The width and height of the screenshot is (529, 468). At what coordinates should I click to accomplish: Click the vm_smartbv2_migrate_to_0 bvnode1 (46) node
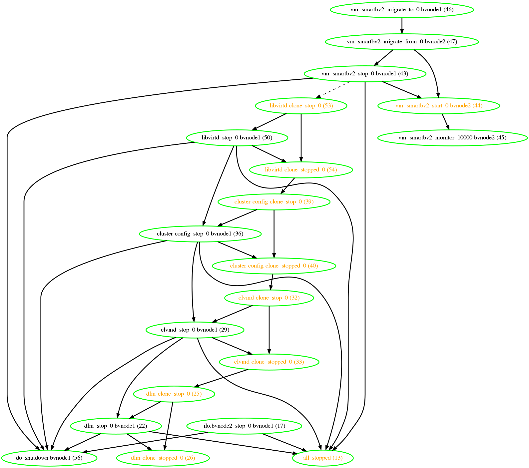pyautogui.click(x=402, y=10)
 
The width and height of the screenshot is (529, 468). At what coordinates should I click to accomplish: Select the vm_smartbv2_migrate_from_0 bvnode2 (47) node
pyautogui.click(x=402, y=42)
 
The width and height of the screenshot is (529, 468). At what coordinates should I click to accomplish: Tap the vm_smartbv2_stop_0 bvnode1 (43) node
pyautogui.click(x=365, y=74)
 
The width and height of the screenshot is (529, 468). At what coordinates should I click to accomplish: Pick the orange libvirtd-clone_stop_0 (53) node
pyautogui.click(x=301, y=106)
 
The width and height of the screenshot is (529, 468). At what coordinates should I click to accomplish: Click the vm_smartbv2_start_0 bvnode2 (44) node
pyautogui.click(x=439, y=106)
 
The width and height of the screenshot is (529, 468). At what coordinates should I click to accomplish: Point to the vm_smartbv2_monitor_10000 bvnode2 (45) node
pyautogui.click(x=452, y=138)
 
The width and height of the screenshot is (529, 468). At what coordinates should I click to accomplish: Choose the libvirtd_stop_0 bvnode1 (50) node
pyautogui.click(x=237, y=138)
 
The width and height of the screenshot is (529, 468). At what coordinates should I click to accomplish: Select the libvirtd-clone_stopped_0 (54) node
pyautogui.click(x=301, y=170)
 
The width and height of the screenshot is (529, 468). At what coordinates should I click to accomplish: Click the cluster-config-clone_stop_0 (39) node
pyautogui.click(x=274, y=202)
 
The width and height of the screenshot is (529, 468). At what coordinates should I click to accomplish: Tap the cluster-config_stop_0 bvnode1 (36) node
pyautogui.click(x=200, y=234)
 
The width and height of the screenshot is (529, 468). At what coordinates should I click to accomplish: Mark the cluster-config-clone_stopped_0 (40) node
pyautogui.click(x=274, y=266)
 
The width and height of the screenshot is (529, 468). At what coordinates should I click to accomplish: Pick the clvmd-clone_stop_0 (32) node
pyautogui.click(x=269, y=298)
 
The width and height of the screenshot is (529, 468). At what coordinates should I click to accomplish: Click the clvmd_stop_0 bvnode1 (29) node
pyautogui.click(x=195, y=330)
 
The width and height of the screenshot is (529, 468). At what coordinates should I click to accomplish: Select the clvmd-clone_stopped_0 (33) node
pyautogui.click(x=269, y=362)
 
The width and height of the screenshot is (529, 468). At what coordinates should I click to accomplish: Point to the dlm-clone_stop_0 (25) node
pyautogui.click(x=174, y=394)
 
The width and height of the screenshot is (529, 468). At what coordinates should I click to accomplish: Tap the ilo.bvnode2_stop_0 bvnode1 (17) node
pyautogui.click(x=244, y=426)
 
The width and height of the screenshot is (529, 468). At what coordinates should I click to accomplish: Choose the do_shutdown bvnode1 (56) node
pyautogui.click(x=49, y=458)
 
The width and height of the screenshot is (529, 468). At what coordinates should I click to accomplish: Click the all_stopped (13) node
pyautogui.click(x=322, y=458)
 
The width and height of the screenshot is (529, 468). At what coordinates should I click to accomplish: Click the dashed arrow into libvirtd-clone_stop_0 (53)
pyautogui.click(x=333, y=89)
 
